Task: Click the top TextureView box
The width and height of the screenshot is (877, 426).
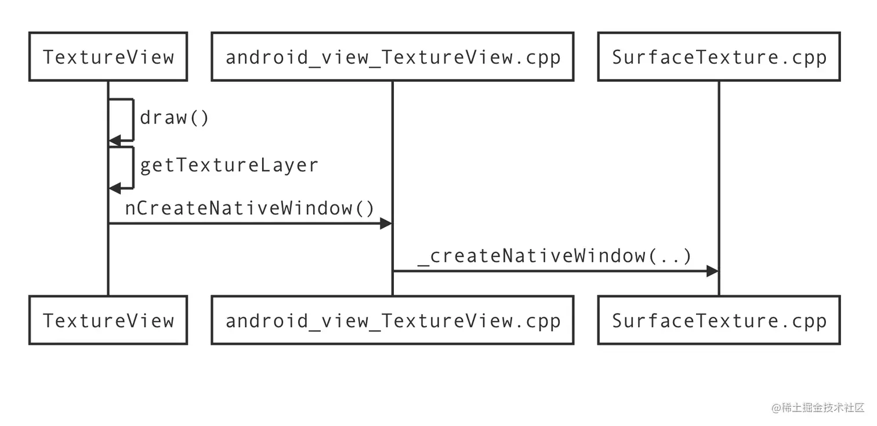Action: tap(108, 56)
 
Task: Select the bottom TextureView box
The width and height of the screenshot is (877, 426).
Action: tap(108, 320)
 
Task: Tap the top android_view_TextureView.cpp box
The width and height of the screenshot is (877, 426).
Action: tap(392, 56)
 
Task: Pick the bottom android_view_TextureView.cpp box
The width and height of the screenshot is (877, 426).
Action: tap(392, 320)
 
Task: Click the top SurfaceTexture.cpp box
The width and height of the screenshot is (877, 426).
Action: tap(719, 56)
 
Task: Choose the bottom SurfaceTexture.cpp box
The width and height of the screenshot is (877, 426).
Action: tap(719, 320)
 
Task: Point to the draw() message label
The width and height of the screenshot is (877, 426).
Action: tap(174, 118)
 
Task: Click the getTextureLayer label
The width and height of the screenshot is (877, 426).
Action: tap(229, 165)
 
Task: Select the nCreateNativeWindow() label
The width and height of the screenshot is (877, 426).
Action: tap(250, 208)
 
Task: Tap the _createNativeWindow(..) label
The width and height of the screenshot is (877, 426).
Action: tap(555, 256)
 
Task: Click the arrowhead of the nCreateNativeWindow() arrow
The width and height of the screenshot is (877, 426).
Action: tap(386, 223)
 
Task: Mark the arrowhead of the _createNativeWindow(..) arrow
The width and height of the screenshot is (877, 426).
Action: tap(712, 271)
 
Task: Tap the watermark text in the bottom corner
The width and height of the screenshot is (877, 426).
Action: tap(818, 407)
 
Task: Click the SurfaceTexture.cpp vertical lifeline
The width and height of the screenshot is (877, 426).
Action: tap(719, 174)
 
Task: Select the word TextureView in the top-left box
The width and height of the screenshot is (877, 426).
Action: tap(108, 57)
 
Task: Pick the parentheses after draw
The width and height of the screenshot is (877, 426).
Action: tap(200, 118)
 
